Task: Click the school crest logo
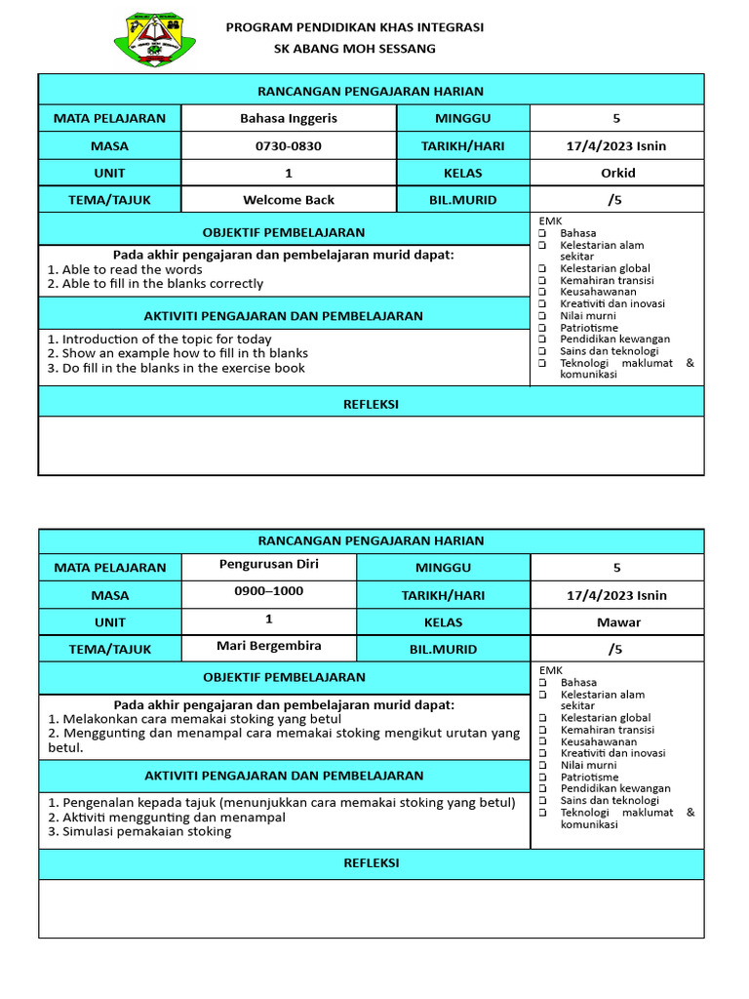click(154, 39)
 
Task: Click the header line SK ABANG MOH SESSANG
click(355, 49)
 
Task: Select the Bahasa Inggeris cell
click(289, 118)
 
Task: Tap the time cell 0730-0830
click(289, 146)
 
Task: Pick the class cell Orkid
click(617, 173)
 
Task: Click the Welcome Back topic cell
click(289, 200)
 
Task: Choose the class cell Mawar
click(617, 622)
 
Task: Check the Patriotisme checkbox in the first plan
click(541, 328)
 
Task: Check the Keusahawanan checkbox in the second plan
click(541, 741)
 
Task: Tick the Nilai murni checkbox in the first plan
click(541, 316)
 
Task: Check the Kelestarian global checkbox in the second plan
click(541, 718)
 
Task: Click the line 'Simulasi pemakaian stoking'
click(140, 831)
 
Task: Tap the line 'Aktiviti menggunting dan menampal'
click(167, 818)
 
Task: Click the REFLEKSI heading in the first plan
click(371, 404)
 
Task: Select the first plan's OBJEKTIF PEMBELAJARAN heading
click(283, 232)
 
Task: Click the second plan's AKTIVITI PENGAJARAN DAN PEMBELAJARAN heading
click(283, 776)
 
